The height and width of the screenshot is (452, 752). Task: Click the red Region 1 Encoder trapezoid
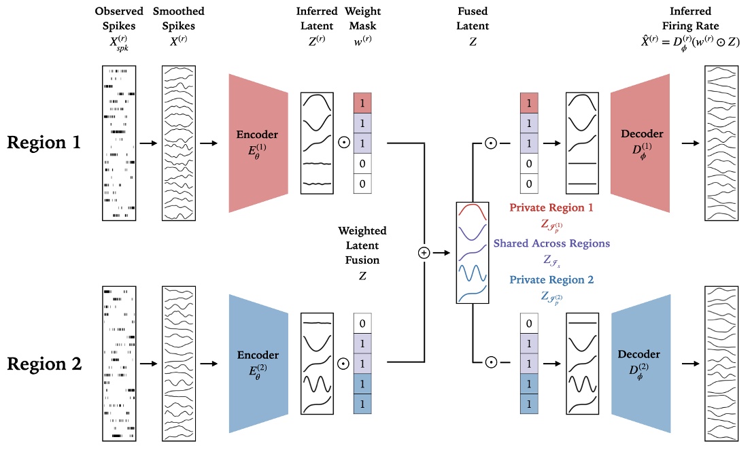[259, 143]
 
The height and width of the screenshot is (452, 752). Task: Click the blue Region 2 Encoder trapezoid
[259, 364]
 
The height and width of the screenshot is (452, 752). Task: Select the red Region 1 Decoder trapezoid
[641, 143]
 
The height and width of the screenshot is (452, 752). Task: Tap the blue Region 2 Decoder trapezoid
[641, 364]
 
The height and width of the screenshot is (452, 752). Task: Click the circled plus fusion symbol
[424, 253]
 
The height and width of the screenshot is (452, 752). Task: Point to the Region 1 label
[44, 143]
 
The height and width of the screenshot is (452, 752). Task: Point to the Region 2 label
[44, 364]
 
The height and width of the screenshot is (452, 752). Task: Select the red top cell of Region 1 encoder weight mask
[363, 103]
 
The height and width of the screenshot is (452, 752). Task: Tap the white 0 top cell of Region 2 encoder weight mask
[363, 324]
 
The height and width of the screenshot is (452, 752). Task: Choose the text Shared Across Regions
[551, 243]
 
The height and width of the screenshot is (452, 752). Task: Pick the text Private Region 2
[551, 279]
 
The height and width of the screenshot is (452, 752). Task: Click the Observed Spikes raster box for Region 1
[119, 143]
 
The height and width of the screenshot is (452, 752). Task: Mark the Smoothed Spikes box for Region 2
[179, 364]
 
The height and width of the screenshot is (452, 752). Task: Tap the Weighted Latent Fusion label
[362, 245]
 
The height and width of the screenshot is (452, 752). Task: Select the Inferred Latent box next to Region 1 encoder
[318, 143]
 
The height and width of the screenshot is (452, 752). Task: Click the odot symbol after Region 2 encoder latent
[343, 364]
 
